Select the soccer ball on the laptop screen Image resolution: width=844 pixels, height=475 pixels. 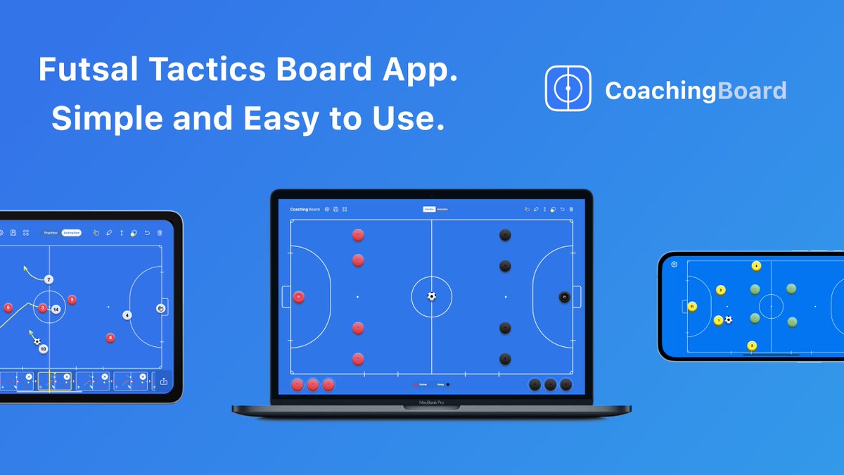coord(431,296)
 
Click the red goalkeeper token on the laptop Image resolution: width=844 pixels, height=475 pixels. coord(298,297)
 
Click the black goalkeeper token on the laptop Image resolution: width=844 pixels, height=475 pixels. coord(564,297)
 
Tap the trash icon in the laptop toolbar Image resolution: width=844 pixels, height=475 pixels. coord(571,209)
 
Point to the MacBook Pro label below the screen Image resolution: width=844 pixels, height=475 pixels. coord(432,403)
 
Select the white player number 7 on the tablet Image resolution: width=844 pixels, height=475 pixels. coord(49,279)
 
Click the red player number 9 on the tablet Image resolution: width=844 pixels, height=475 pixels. coord(72,300)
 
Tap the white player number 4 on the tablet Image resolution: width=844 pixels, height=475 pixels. coord(127,315)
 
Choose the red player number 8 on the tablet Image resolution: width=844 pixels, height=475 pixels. coord(110,338)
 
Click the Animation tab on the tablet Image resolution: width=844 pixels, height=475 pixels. coord(71,232)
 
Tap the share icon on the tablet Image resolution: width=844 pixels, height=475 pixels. coord(163,381)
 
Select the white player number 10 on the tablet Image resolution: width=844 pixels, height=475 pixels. coord(43,349)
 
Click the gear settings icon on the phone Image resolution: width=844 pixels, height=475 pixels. coord(674,264)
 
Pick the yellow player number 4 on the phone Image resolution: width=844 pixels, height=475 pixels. coord(756,266)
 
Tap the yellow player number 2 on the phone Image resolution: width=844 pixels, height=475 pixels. coord(720,290)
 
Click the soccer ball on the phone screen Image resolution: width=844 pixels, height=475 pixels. coord(729,319)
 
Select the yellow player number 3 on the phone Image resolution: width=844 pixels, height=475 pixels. coord(752,346)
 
